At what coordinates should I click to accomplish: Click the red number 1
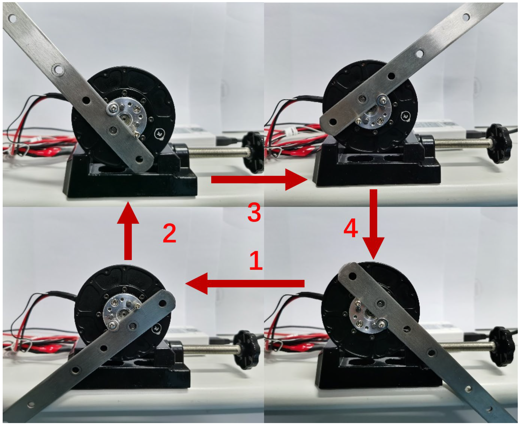[256, 260]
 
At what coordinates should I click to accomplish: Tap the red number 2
[170, 233]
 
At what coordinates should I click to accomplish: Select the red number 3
[254, 212]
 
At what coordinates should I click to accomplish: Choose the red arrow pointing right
[259, 179]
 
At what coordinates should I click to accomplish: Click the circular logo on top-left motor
[160, 134]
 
